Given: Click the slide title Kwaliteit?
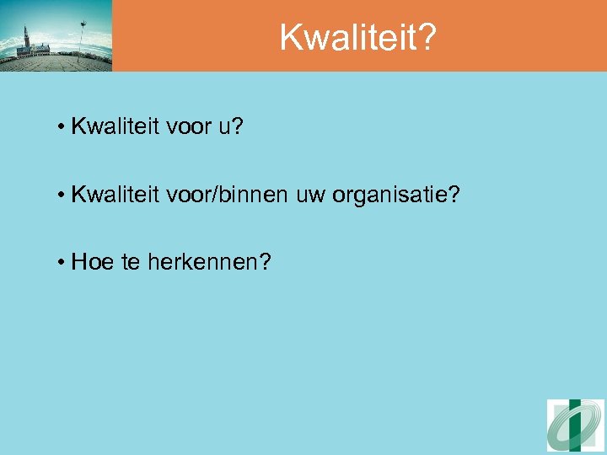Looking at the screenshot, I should [x=358, y=36].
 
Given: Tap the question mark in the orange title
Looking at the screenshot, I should [x=427, y=36].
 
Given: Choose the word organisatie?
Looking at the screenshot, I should [x=396, y=195].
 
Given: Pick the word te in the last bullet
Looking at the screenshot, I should [x=132, y=262].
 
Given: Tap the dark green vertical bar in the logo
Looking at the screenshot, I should [x=575, y=426].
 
